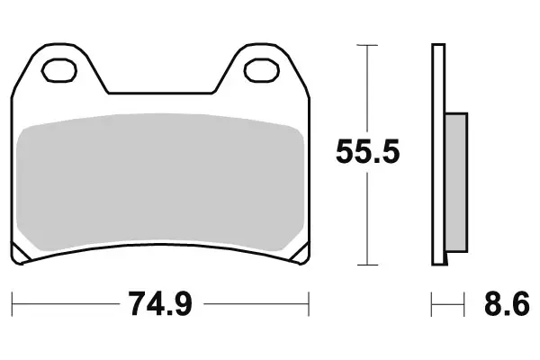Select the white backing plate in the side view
pyautogui.click(x=439, y=153)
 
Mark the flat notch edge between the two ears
pyautogui.click(x=162, y=93)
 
